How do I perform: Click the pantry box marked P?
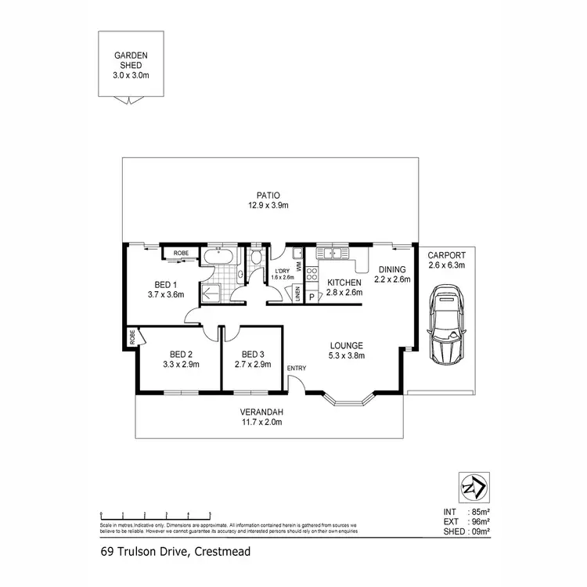[x=311, y=297]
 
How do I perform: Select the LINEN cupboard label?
[x=297, y=294]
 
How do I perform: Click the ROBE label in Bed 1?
[x=181, y=253]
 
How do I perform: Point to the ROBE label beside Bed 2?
[x=133, y=337]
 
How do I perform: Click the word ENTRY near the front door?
[x=297, y=369]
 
